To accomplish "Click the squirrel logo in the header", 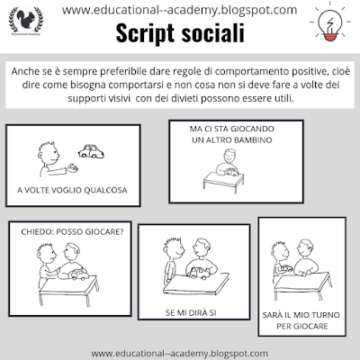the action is click(26, 20).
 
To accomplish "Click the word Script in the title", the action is click(145, 33).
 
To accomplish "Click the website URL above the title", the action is click(179, 11).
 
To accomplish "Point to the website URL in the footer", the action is click(179, 354).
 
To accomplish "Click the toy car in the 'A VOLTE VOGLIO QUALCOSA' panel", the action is click(91, 151).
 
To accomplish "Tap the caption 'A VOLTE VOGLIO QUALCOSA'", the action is click(72, 190).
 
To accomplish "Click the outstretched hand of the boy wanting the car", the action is click(73, 168).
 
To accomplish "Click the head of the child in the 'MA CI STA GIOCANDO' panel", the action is click(229, 156).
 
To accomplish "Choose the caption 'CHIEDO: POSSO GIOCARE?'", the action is click(72, 232).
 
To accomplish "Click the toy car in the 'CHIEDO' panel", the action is click(78, 274).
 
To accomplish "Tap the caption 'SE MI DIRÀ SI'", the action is click(191, 313).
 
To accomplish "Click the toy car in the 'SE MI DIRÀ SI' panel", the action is click(199, 273).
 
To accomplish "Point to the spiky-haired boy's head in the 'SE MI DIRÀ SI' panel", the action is click(174, 248).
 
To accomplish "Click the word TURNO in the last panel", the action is click(326, 315).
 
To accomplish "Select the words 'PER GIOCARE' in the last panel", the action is click(302, 326).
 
